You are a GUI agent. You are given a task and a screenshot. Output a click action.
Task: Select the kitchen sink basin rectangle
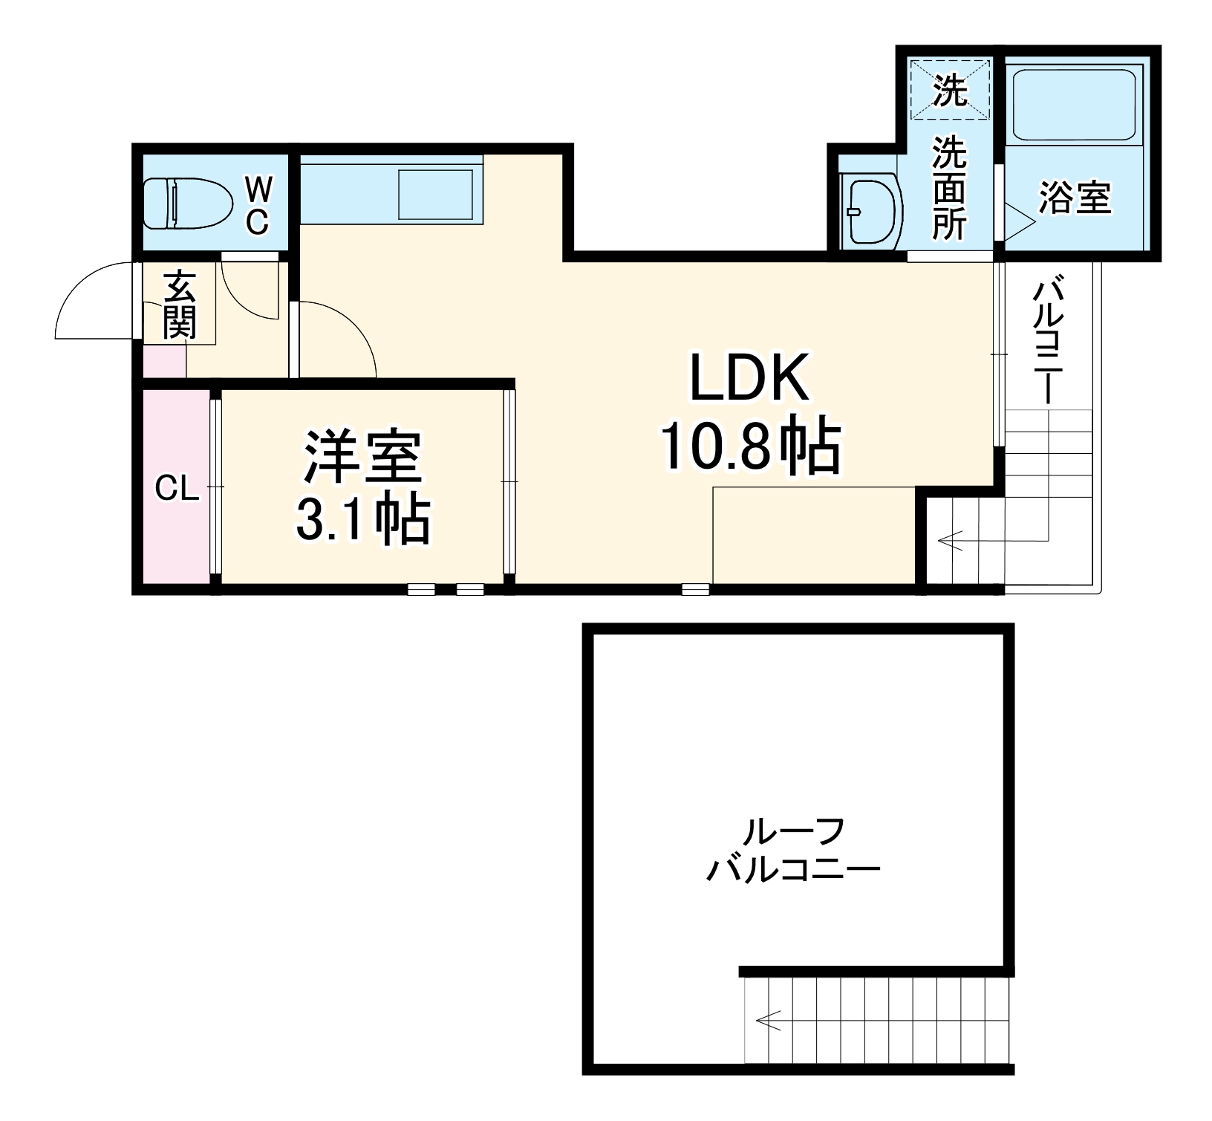coord(436,195)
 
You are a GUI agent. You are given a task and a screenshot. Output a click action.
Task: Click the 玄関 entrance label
coord(180,305)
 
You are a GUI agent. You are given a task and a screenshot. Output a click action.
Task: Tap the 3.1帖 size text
coord(363,520)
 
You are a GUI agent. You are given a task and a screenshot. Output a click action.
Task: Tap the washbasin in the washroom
coord(870,211)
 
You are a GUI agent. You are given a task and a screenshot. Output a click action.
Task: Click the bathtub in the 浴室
coord(1075,105)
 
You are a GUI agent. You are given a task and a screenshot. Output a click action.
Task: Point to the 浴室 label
coord(1075,198)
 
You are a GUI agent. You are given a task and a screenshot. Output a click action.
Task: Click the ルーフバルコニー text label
coord(793,849)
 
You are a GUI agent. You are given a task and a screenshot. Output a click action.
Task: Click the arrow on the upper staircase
coord(951,540)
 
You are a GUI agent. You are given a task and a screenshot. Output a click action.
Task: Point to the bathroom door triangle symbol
coord(1018,220)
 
